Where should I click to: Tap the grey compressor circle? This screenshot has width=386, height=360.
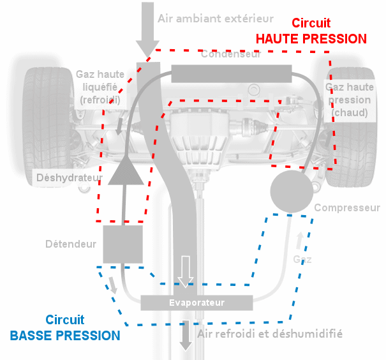(x=291, y=190)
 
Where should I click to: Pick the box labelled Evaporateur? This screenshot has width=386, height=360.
(x=197, y=301)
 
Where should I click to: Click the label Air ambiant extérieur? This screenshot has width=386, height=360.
(x=216, y=19)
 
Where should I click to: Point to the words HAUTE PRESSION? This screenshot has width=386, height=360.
(x=311, y=38)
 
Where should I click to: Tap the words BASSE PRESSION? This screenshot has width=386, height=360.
(x=65, y=335)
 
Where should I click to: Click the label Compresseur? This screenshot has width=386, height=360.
(x=347, y=207)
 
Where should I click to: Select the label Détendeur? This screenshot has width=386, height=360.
(x=71, y=244)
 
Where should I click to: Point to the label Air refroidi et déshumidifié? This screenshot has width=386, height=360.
(x=270, y=333)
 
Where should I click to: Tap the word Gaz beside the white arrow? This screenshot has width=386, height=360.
(x=302, y=259)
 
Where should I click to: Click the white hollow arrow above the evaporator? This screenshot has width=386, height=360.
(x=186, y=272)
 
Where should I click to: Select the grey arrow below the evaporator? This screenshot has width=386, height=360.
(x=186, y=335)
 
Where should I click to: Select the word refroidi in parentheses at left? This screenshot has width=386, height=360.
(x=100, y=100)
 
